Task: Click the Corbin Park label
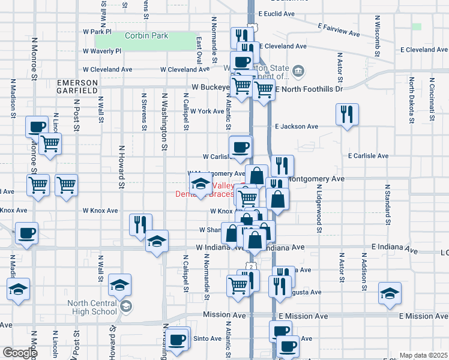(146, 36)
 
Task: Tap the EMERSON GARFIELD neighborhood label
(77, 86)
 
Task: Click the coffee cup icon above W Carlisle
(241, 146)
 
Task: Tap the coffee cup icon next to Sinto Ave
(177, 339)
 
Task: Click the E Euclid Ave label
(277, 13)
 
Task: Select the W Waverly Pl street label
(102, 52)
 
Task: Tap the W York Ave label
(207, 112)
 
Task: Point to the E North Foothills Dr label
(309, 89)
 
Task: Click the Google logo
(19, 353)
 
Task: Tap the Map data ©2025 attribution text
(423, 355)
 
